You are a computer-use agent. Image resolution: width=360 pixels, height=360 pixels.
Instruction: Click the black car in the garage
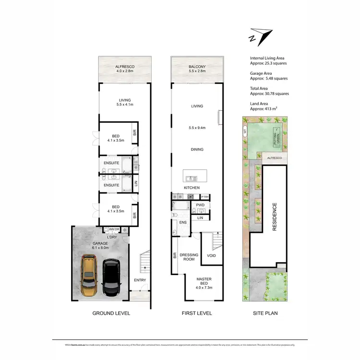coord(111,278)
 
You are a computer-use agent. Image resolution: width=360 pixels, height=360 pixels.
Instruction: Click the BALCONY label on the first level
coord(197,68)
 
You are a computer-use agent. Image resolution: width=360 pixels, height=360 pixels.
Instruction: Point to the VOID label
coord(211,255)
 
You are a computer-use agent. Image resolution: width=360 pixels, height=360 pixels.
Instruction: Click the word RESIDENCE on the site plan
coord(275,217)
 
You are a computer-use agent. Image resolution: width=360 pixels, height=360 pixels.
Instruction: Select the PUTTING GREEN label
coord(276,138)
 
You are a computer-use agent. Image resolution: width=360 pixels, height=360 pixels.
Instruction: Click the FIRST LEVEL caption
coord(197,313)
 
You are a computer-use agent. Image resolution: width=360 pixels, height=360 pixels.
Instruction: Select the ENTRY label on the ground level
coord(140,280)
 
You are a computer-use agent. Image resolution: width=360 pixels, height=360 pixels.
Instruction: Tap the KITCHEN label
coord(192,188)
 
